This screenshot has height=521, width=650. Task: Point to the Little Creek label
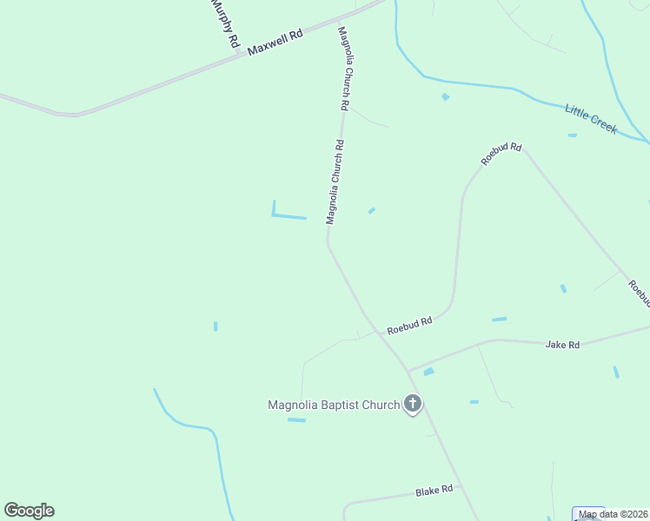591,118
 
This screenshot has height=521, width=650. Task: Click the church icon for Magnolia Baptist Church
413,404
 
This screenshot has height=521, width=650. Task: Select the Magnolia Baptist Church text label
334,405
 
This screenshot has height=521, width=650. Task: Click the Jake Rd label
562,345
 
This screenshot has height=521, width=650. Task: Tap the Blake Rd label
434,491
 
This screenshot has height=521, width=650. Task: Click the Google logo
29,511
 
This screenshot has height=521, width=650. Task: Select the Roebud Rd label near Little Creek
502,154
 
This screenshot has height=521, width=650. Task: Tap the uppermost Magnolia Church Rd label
345,68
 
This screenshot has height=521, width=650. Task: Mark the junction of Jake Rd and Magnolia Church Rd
407,370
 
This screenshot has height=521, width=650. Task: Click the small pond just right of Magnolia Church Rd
372,210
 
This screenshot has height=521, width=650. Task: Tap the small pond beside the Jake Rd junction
428,372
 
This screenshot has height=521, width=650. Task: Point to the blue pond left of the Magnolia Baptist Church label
297,420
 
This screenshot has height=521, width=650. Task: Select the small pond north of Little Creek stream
446,96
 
